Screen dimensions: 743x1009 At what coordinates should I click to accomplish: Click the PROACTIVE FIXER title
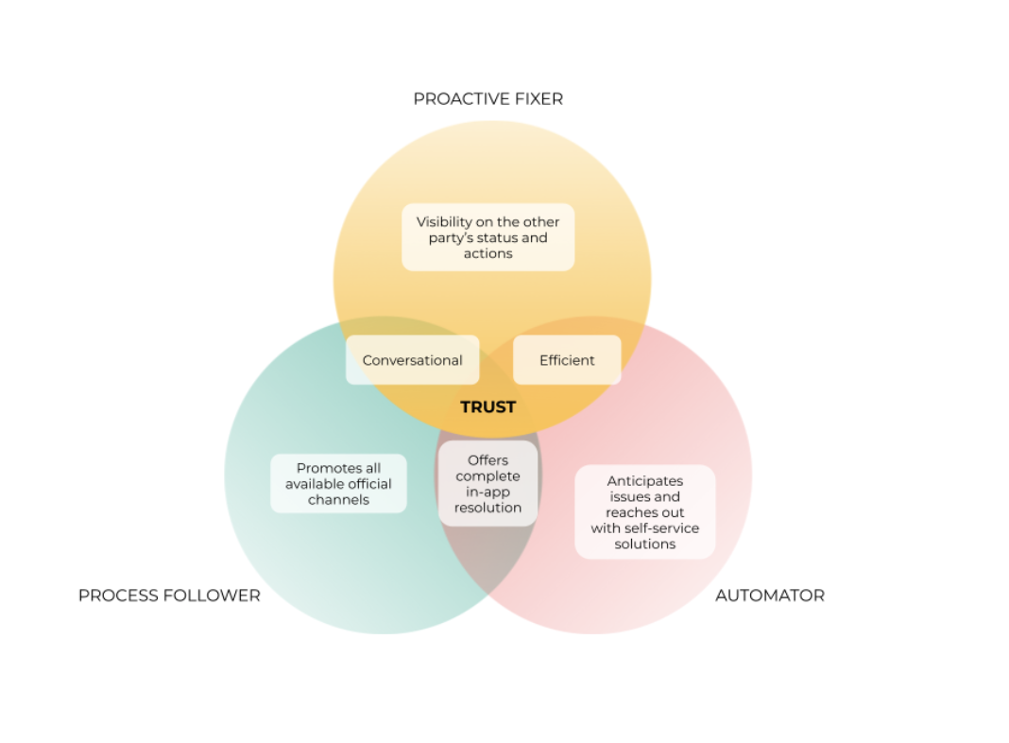point(487,99)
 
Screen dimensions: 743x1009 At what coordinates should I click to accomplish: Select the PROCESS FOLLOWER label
point(169,596)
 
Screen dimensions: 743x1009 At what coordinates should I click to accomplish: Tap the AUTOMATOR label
point(769,596)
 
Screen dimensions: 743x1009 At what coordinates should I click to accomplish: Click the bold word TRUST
point(487,407)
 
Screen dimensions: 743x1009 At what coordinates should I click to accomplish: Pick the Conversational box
point(412,360)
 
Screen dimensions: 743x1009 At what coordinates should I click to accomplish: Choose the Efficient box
point(567,360)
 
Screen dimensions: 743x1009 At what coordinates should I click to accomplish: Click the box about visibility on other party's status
point(487,237)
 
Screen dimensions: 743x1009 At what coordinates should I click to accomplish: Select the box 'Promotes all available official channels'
point(338,484)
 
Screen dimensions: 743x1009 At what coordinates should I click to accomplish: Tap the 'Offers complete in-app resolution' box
point(487,484)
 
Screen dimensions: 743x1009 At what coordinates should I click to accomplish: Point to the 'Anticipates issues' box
point(644,511)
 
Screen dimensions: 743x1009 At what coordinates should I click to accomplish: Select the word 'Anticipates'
point(644,481)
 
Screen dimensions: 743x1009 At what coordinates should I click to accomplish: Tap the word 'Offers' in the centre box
point(487,460)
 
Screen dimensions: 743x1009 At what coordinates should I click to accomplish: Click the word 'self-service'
point(660,528)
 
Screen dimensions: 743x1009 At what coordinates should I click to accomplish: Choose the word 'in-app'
point(487,492)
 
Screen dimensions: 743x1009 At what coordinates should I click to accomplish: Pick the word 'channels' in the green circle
point(338,500)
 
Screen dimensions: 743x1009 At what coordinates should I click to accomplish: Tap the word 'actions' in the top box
point(487,253)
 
